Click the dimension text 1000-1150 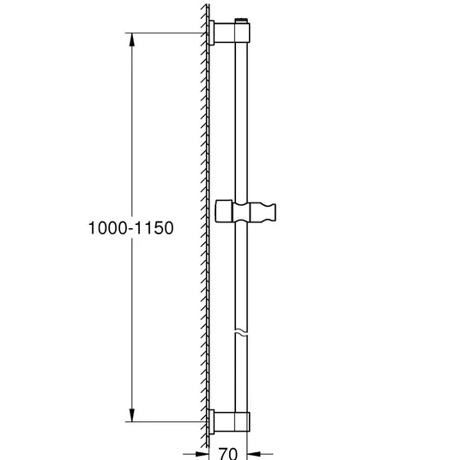pos(130,228)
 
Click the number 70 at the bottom pos(228,453)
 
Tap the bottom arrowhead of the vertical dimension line pos(132,415)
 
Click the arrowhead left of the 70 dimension pos(203,454)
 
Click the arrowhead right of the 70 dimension pos(254,454)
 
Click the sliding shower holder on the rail pos(245,211)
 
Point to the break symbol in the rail pos(241,332)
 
